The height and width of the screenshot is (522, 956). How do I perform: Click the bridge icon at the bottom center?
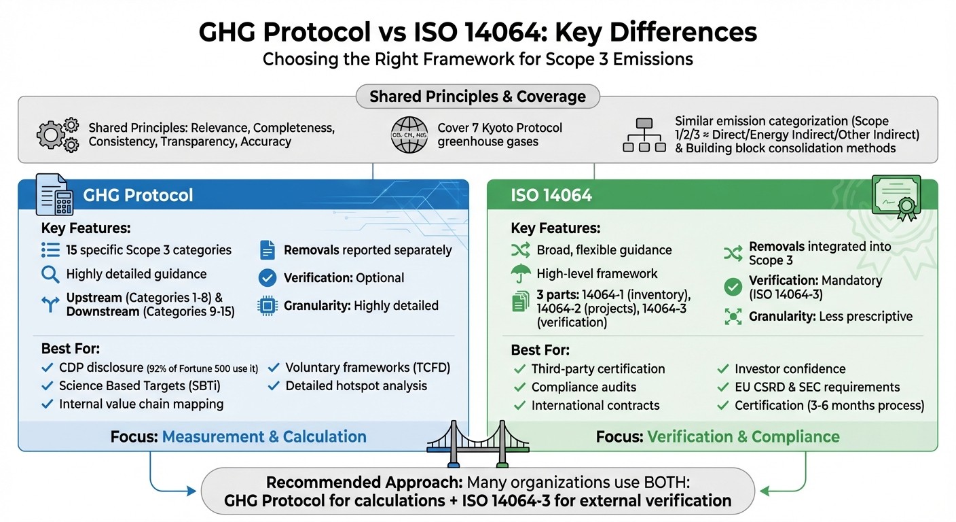(x=477, y=445)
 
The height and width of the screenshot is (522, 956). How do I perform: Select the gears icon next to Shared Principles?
(x=57, y=135)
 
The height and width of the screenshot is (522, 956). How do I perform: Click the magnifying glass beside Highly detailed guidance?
(x=50, y=275)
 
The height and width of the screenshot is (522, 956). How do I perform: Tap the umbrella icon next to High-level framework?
(x=520, y=274)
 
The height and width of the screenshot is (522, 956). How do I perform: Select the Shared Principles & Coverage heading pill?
(x=477, y=97)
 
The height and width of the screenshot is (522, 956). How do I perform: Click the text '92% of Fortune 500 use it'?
(x=202, y=369)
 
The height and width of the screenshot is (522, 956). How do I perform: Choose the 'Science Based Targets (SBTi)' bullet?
(x=139, y=385)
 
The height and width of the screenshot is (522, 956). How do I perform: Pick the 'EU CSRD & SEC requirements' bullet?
(x=817, y=387)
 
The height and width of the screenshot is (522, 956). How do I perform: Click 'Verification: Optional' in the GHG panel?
(x=344, y=278)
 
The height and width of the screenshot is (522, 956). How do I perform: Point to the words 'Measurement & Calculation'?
(x=263, y=436)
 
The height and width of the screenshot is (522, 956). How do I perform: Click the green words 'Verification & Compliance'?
(x=743, y=436)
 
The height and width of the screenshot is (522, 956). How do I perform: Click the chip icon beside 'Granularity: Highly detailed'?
(x=268, y=306)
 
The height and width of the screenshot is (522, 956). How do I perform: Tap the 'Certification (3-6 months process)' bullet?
(x=829, y=406)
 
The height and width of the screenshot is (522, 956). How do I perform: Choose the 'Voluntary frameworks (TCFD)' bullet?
(x=367, y=368)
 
